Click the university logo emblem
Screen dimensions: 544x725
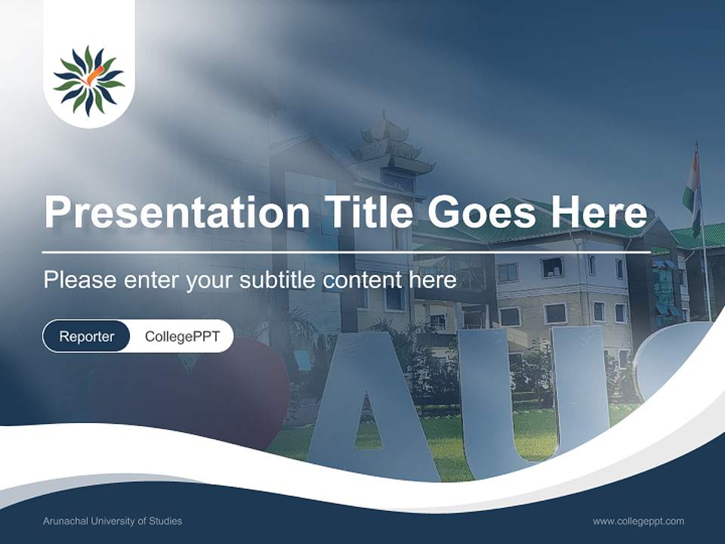click(x=89, y=79)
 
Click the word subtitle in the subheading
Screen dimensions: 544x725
click(x=279, y=280)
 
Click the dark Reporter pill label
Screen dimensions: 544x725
click(x=86, y=336)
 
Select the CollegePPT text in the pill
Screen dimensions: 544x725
click(x=182, y=336)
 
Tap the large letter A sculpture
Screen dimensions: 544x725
click(x=375, y=408)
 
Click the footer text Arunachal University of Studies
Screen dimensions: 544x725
click(x=113, y=521)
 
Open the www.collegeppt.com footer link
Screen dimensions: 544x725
click(x=638, y=521)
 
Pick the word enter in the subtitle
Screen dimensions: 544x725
click(x=151, y=280)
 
